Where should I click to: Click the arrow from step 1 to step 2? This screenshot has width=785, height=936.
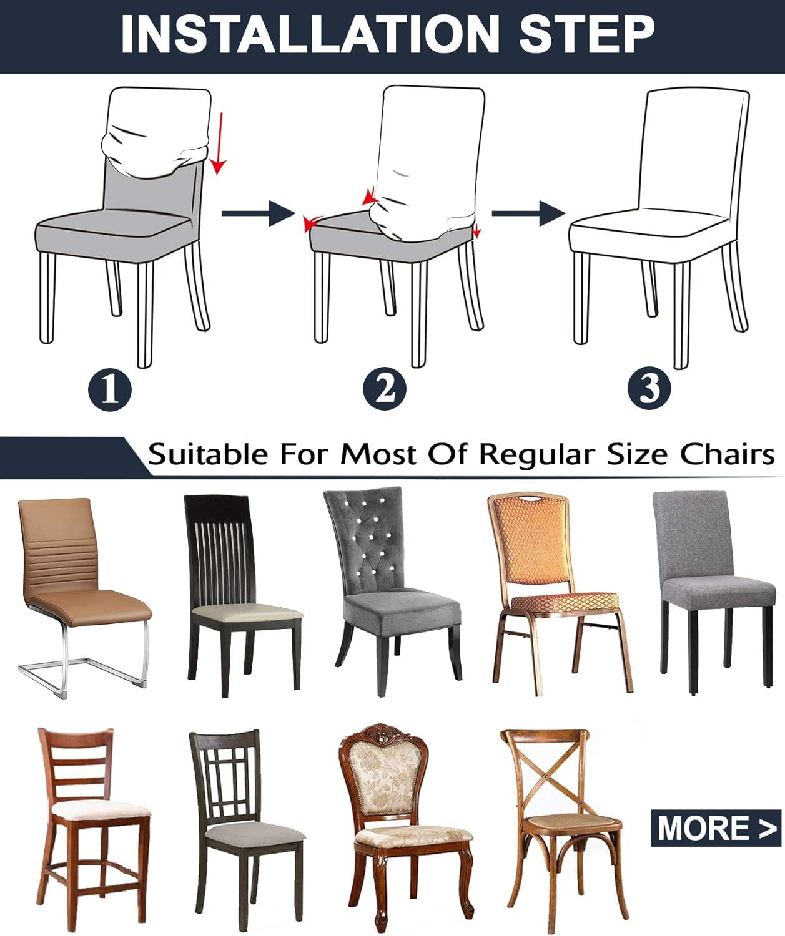[x=258, y=213]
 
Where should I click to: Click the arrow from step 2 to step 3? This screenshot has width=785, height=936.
[x=528, y=213]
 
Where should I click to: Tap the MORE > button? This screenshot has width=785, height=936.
[x=716, y=828]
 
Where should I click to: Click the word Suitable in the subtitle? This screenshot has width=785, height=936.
[x=207, y=454]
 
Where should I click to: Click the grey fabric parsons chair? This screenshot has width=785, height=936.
[x=712, y=580]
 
